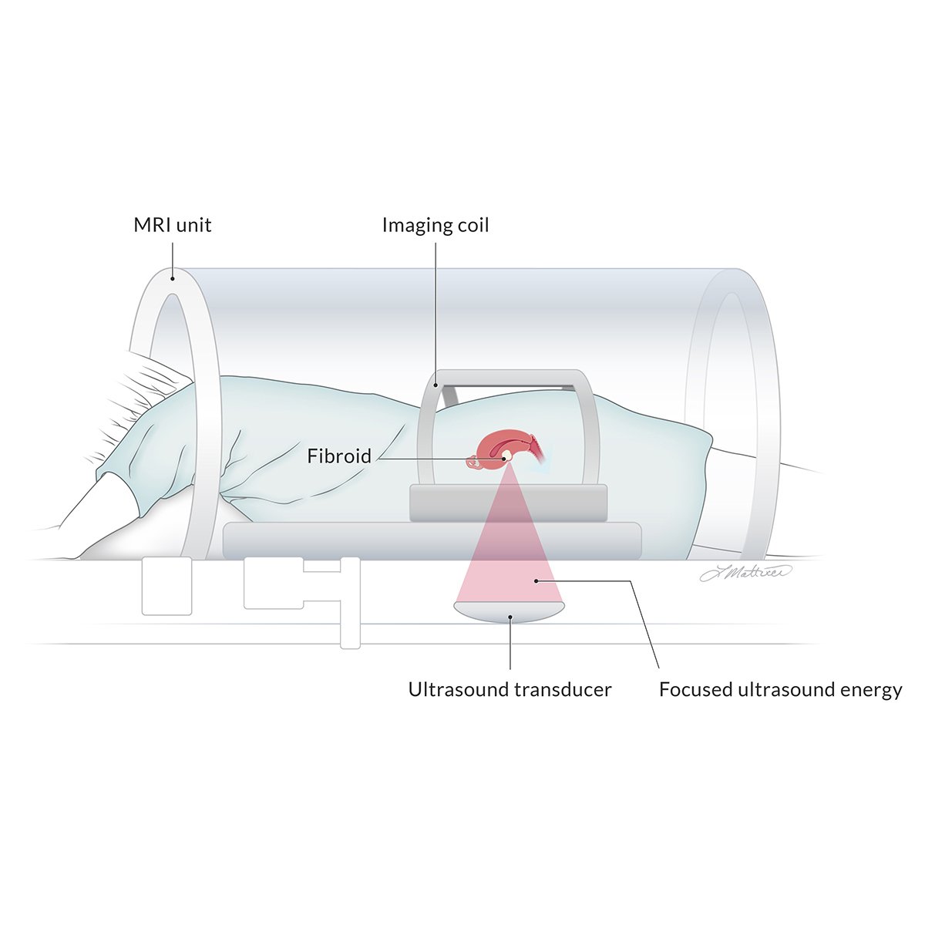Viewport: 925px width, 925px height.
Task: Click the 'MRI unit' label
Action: coord(172,225)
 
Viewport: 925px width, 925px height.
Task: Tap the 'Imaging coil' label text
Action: coord(436,225)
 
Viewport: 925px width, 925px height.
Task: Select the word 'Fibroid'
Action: coord(339,456)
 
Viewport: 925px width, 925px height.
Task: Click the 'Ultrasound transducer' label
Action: coord(510,689)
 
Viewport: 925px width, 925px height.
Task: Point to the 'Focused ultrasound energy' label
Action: coord(780,689)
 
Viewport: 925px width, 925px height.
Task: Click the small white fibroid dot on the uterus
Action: coord(506,457)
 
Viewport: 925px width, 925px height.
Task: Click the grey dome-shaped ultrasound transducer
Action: coord(509,611)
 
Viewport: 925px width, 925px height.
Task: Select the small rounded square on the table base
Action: coord(166,586)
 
